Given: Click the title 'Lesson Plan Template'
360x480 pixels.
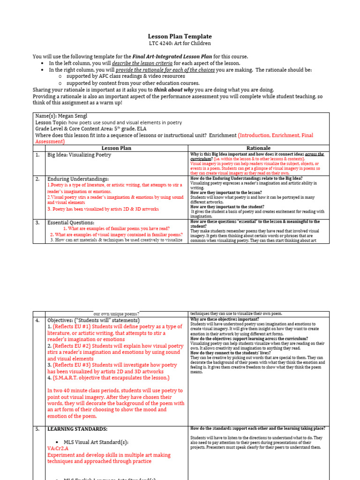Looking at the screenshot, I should click(180, 36).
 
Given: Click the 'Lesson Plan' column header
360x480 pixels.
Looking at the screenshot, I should click(116, 148).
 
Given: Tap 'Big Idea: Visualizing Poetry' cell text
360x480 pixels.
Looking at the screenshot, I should click(79, 155).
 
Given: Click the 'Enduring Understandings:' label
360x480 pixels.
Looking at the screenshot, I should click(78, 179).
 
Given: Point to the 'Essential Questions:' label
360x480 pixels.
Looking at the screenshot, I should click(71, 222).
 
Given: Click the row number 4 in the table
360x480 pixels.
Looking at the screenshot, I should click(37, 320).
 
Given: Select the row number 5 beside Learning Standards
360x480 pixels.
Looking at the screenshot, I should click(37, 428).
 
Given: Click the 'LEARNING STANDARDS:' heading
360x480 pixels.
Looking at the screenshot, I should click(77, 428).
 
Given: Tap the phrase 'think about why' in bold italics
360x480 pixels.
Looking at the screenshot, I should click(174, 90).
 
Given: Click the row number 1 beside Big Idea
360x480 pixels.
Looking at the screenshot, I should click(37, 155).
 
